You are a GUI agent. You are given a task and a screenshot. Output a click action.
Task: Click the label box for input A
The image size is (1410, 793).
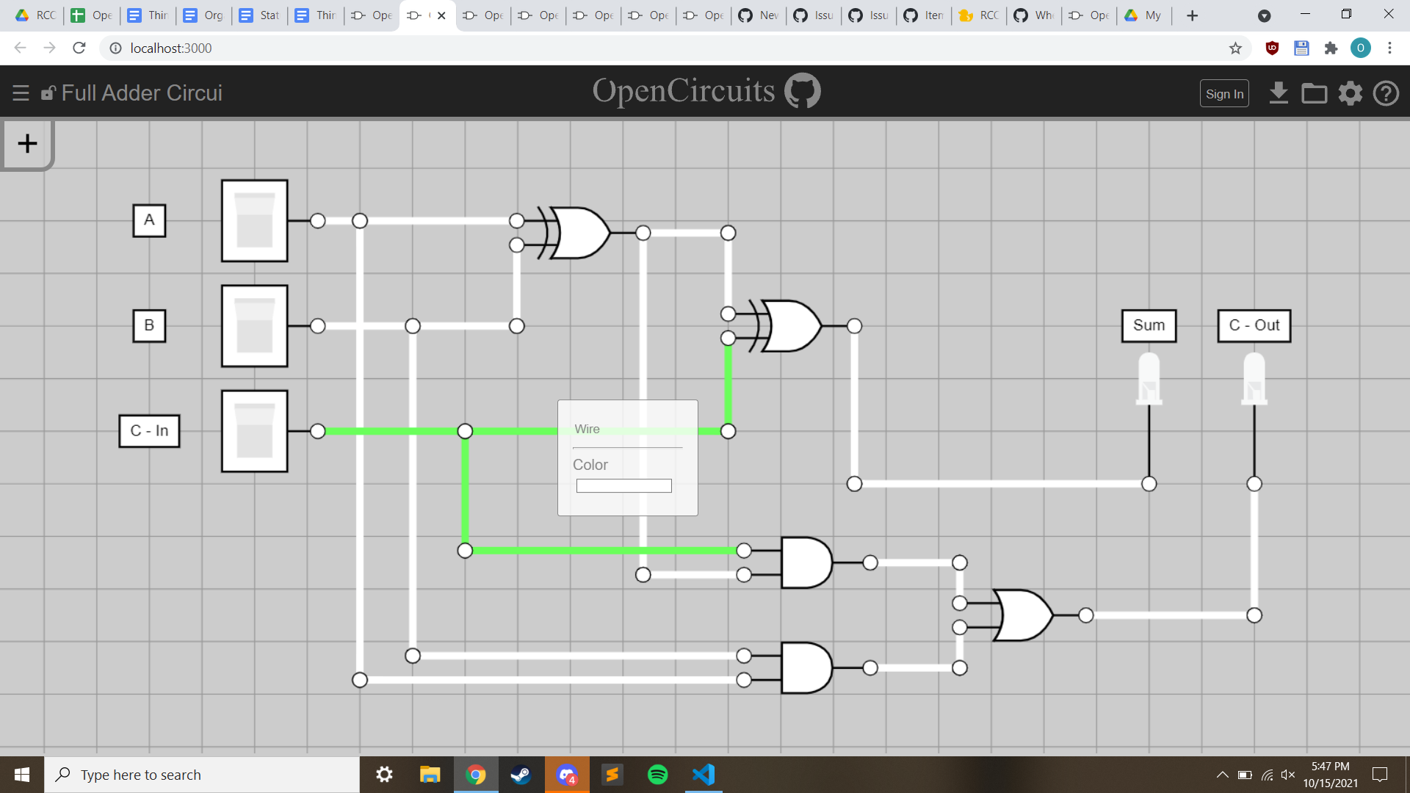[149, 220]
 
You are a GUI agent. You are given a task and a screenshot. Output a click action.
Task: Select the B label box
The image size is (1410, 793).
[149, 325]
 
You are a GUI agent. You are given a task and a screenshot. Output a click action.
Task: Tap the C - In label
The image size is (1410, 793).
[149, 431]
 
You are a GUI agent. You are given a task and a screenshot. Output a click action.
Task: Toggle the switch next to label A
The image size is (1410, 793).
[254, 220]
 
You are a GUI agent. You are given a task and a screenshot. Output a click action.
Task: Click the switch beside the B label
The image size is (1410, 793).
[254, 325]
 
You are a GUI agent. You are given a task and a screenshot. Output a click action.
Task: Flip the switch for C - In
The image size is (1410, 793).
[254, 431]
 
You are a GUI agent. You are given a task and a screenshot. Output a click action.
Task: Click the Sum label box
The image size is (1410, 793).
[1149, 325]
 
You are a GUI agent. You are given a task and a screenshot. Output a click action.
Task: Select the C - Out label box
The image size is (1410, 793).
[1254, 325]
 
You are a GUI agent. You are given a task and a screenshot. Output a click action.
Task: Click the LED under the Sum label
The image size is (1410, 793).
[1149, 378]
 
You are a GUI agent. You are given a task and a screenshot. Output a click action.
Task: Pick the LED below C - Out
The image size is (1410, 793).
[1254, 378]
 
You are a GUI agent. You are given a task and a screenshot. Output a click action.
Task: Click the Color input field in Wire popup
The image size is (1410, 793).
[623, 486]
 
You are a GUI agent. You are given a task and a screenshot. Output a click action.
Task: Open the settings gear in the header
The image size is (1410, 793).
[1350, 93]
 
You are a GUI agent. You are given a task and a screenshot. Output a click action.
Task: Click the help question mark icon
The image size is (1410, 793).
[1386, 93]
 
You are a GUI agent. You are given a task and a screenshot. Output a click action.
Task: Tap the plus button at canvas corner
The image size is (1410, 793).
[27, 144]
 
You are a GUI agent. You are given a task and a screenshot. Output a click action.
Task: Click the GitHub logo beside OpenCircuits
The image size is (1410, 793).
[803, 91]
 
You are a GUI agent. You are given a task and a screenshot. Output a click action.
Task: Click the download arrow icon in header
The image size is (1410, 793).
[1279, 93]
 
